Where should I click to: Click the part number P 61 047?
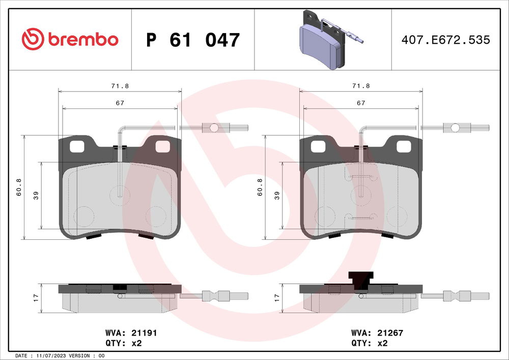coord(193,40)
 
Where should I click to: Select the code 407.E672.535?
coord(445,40)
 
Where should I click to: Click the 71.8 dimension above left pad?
coord(121,86)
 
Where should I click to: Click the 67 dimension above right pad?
coord(361,103)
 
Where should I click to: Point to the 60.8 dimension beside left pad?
coord(19,187)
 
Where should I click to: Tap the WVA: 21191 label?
coord(129,333)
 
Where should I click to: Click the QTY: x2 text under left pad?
coord(124,343)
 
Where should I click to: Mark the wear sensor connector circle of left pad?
coord(214,127)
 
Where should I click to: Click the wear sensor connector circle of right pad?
coord(456,127)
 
